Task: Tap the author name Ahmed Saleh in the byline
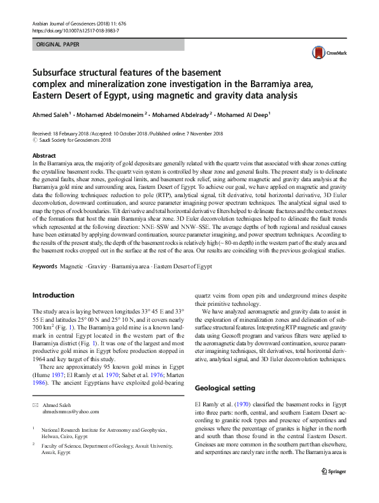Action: click(52, 115)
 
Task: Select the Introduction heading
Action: click(54, 295)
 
